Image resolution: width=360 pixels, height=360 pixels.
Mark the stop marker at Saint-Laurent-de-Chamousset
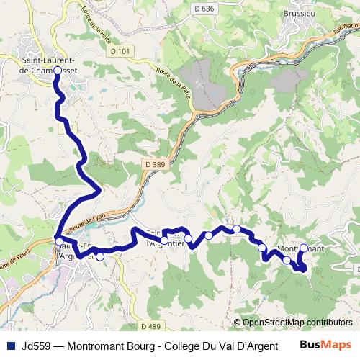(57, 81)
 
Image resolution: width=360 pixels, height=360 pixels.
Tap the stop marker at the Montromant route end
(303, 248)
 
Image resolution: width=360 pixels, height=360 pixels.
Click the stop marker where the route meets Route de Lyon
(58, 240)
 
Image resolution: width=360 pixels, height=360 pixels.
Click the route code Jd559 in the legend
(36, 346)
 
